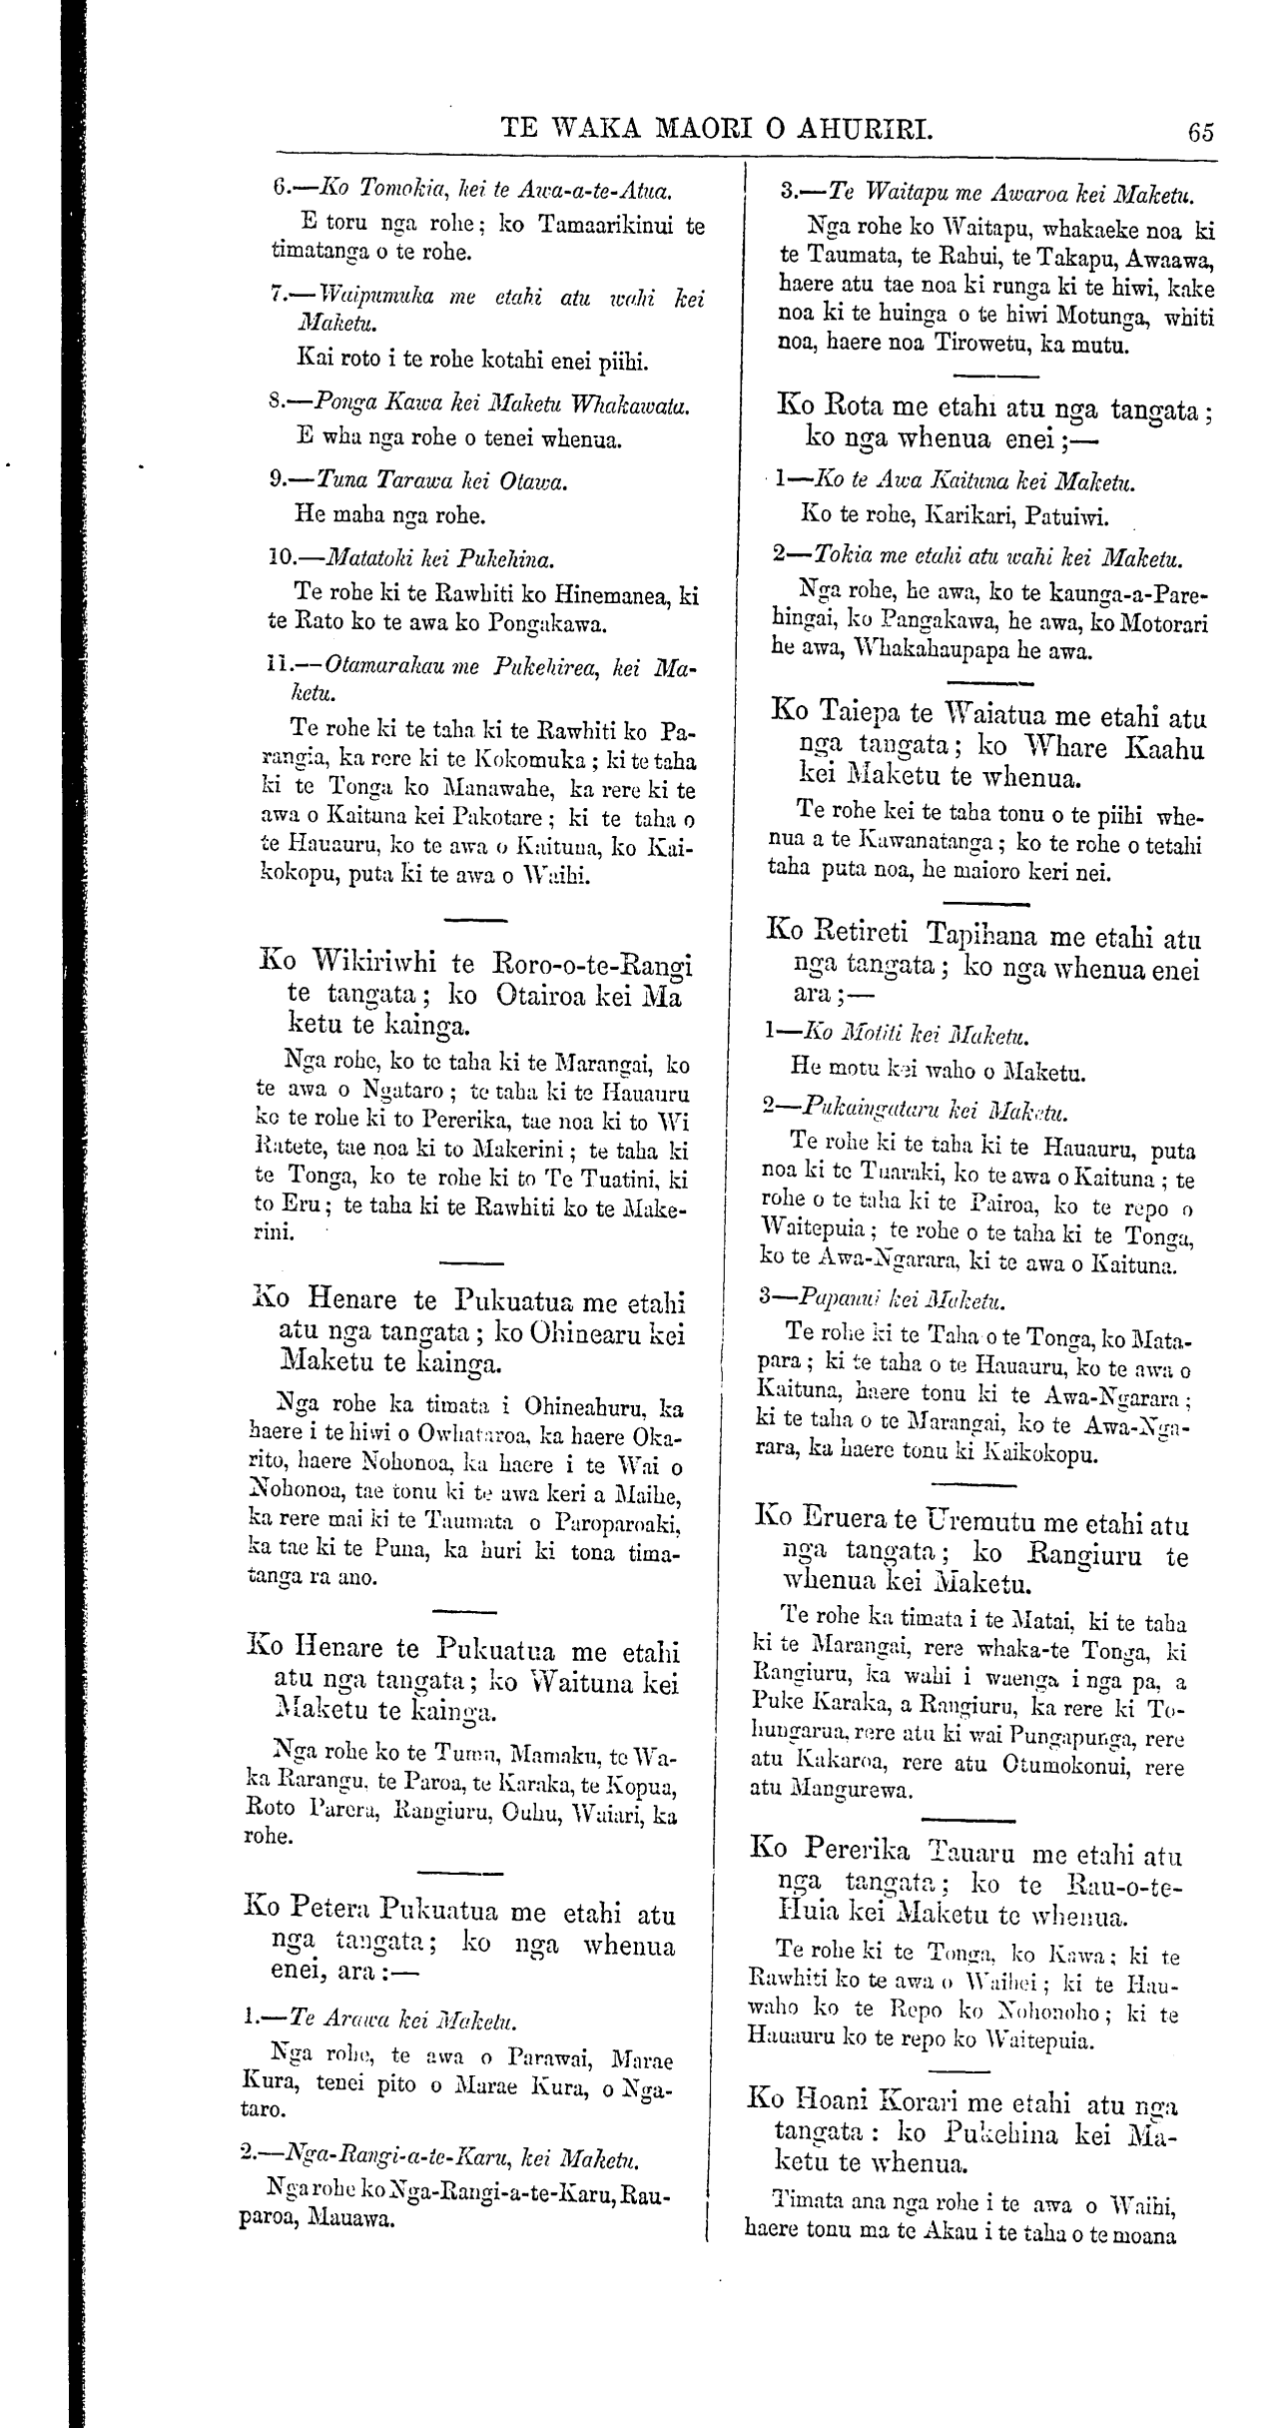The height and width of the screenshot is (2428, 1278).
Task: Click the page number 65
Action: click(x=1201, y=131)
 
